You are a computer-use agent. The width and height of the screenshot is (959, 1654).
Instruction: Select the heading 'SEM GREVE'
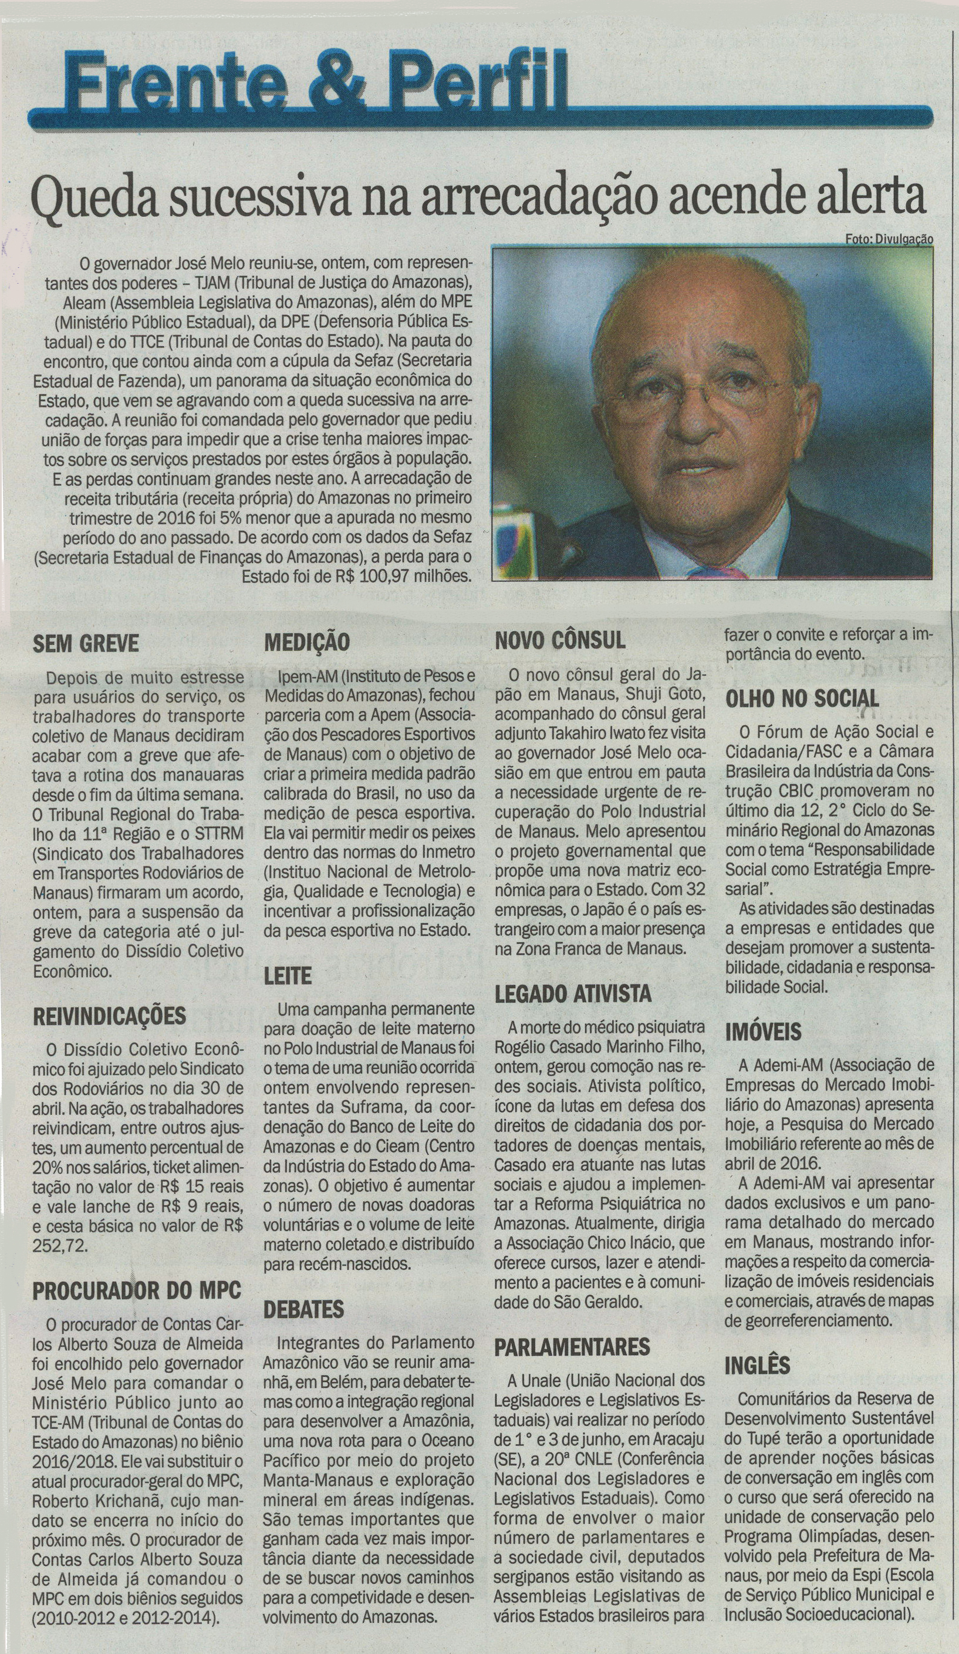click(x=86, y=643)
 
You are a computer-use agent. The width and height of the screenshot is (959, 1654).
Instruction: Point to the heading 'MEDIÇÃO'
click(x=307, y=642)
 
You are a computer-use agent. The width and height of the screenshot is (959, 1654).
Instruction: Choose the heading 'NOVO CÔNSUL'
click(x=560, y=641)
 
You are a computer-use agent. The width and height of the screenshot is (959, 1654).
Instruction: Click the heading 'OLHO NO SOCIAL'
click(x=802, y=699)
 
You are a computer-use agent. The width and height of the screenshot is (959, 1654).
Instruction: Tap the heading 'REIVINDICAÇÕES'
click(x=110, y=1016)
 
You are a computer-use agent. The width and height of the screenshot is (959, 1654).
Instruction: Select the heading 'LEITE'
click(x=288, y=976)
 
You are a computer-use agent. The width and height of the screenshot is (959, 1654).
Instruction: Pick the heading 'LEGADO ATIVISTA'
click(x=573, y=994)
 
